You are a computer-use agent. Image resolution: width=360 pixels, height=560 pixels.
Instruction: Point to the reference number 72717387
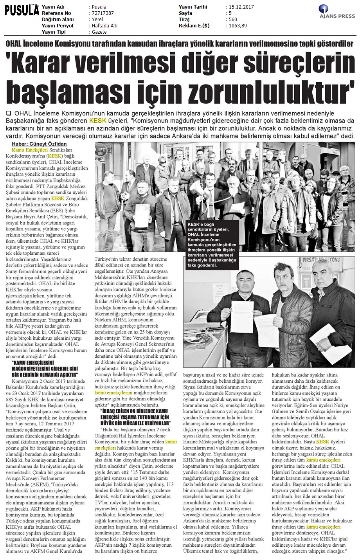click(102, 13)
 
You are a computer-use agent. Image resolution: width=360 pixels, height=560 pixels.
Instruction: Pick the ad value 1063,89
click(237, 26)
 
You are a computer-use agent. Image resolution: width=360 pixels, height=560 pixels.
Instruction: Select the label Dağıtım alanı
click(58, 20)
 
